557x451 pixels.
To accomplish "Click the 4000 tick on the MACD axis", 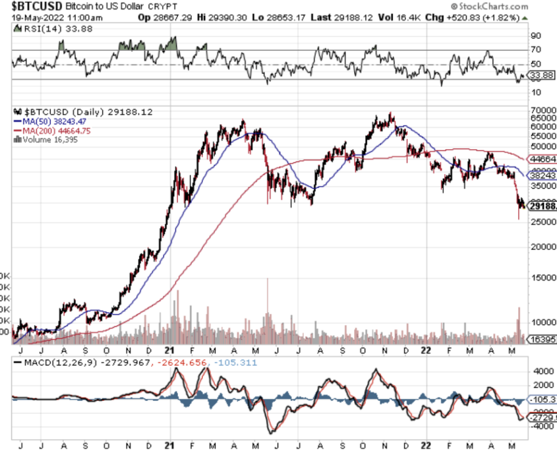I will click(x=539, y=371).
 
